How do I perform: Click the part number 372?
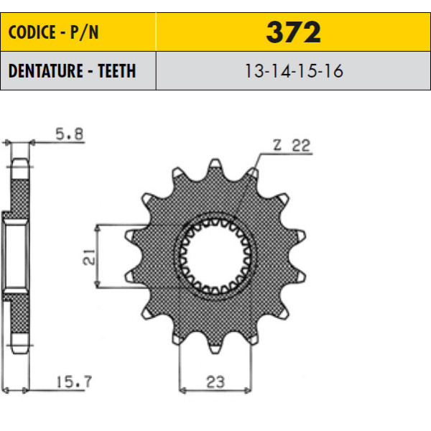coord(293,32)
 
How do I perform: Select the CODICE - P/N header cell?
coord(78,32)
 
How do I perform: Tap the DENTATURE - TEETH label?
coord(73,71)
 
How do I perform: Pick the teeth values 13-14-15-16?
coord(294,71)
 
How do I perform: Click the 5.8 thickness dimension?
coord(69,134)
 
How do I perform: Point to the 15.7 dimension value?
coord(74,381)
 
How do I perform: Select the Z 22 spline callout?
coord(292,145)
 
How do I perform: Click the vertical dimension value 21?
coord(89,257)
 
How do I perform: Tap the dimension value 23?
coord(215,382)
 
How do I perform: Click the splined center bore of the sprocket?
coord(215,256)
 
